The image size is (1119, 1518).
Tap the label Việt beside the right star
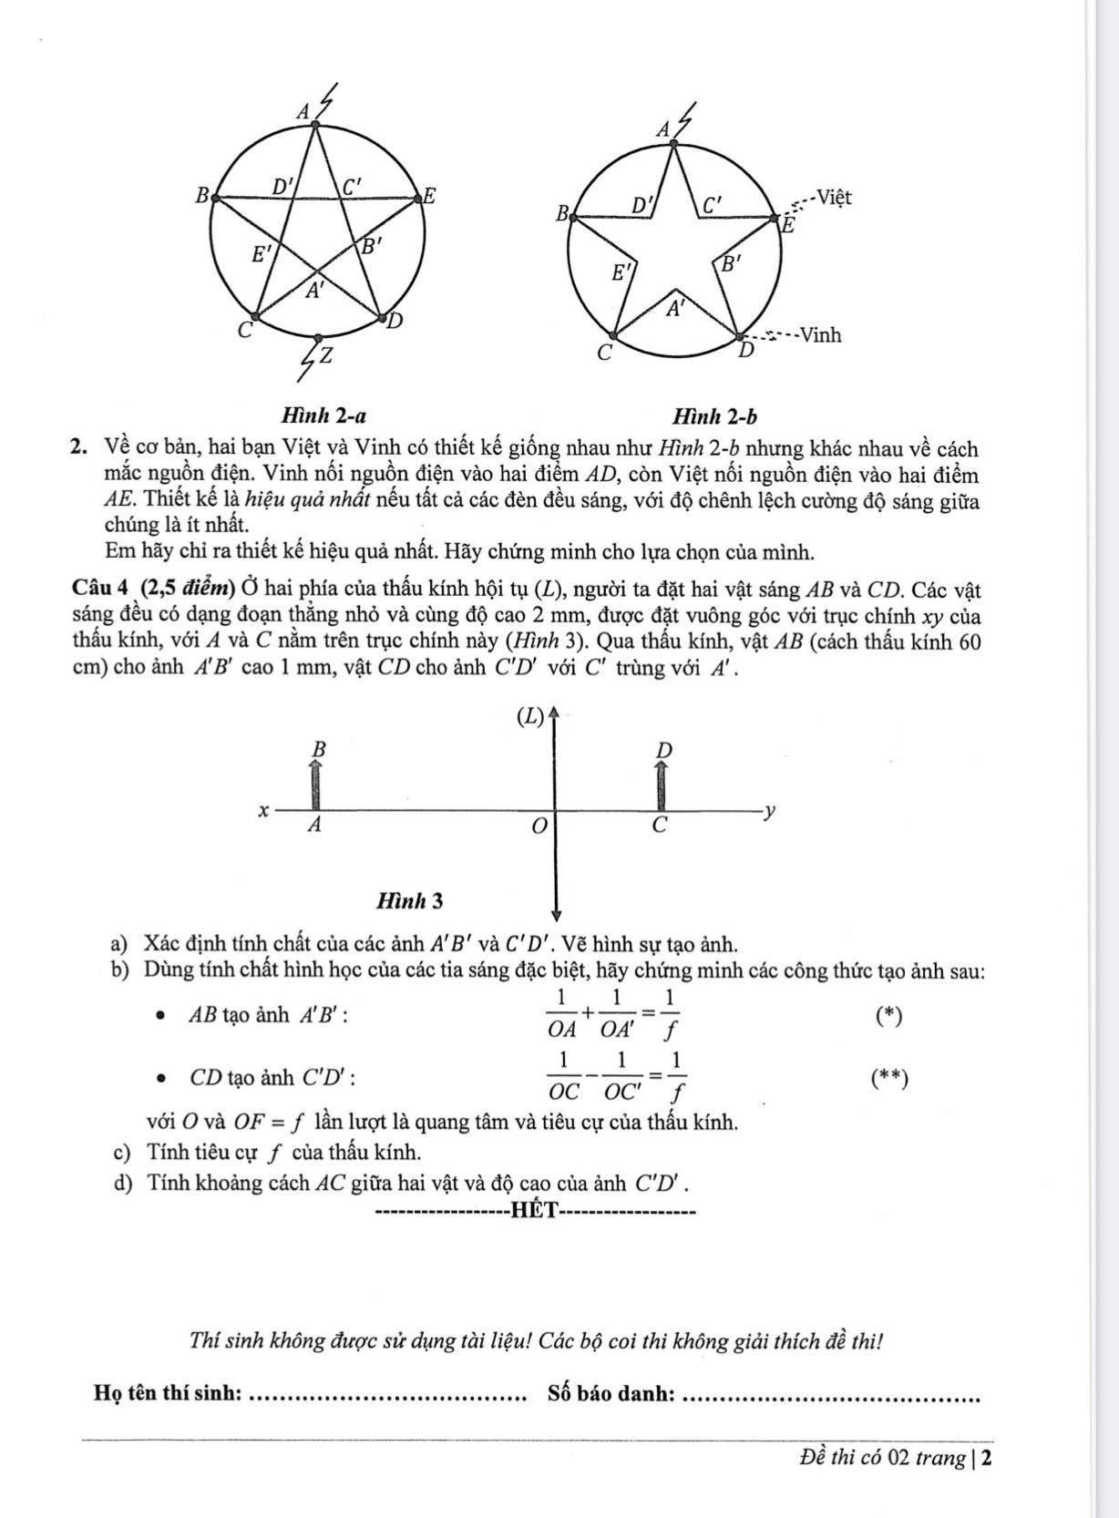834,196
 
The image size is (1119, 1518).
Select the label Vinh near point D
820,334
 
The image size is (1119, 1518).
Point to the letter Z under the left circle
324,355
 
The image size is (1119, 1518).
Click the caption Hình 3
410,900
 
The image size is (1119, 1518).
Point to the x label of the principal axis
263,809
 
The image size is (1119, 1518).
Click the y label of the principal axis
770,808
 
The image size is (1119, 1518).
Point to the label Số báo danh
611,1393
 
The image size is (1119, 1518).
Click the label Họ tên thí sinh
168,1393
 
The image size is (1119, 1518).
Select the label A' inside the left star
314,291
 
